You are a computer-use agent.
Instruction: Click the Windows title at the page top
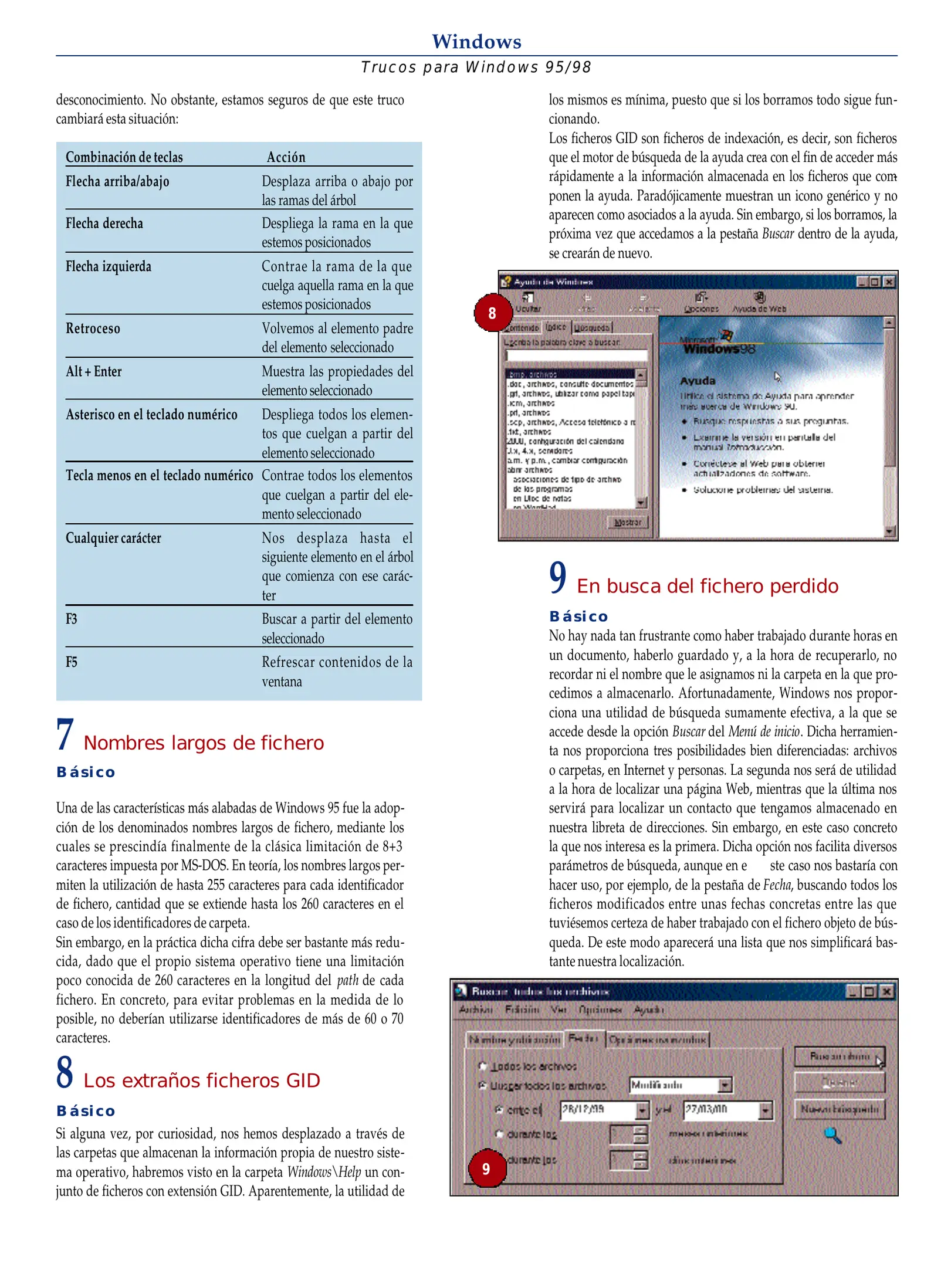(x=476, y=42)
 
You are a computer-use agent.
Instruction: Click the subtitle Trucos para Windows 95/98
(x=476, y=67)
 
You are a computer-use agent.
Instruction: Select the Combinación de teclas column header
(x=124, y=157)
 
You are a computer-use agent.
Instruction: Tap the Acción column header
(x=286, y=157)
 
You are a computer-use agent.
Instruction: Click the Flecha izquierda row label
(x=109, y=266)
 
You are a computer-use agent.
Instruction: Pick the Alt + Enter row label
(x=94, y=371)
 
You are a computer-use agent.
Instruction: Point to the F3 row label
(x=72, y=619)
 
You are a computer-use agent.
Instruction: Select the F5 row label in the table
(x=72, y=662)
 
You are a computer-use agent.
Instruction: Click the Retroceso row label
(x=93, y=328)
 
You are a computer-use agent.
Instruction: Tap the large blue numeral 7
(x=65, y=734)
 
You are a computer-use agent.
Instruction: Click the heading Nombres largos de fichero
(x=204, y=743)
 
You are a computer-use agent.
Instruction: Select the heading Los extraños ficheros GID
(x=202, y=1080)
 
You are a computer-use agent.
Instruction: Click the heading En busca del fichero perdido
(x=707, y=586)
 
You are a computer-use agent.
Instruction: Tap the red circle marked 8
(x=492, y=313)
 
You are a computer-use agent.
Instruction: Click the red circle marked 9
(x=486, y=1168)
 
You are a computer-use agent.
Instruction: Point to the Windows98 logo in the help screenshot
(x=719, y=344)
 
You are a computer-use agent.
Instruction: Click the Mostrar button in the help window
(x=627, y=521)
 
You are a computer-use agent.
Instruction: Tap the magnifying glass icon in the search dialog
(x=832, y=1135)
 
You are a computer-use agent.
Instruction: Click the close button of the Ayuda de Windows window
(x=889, y=282)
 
